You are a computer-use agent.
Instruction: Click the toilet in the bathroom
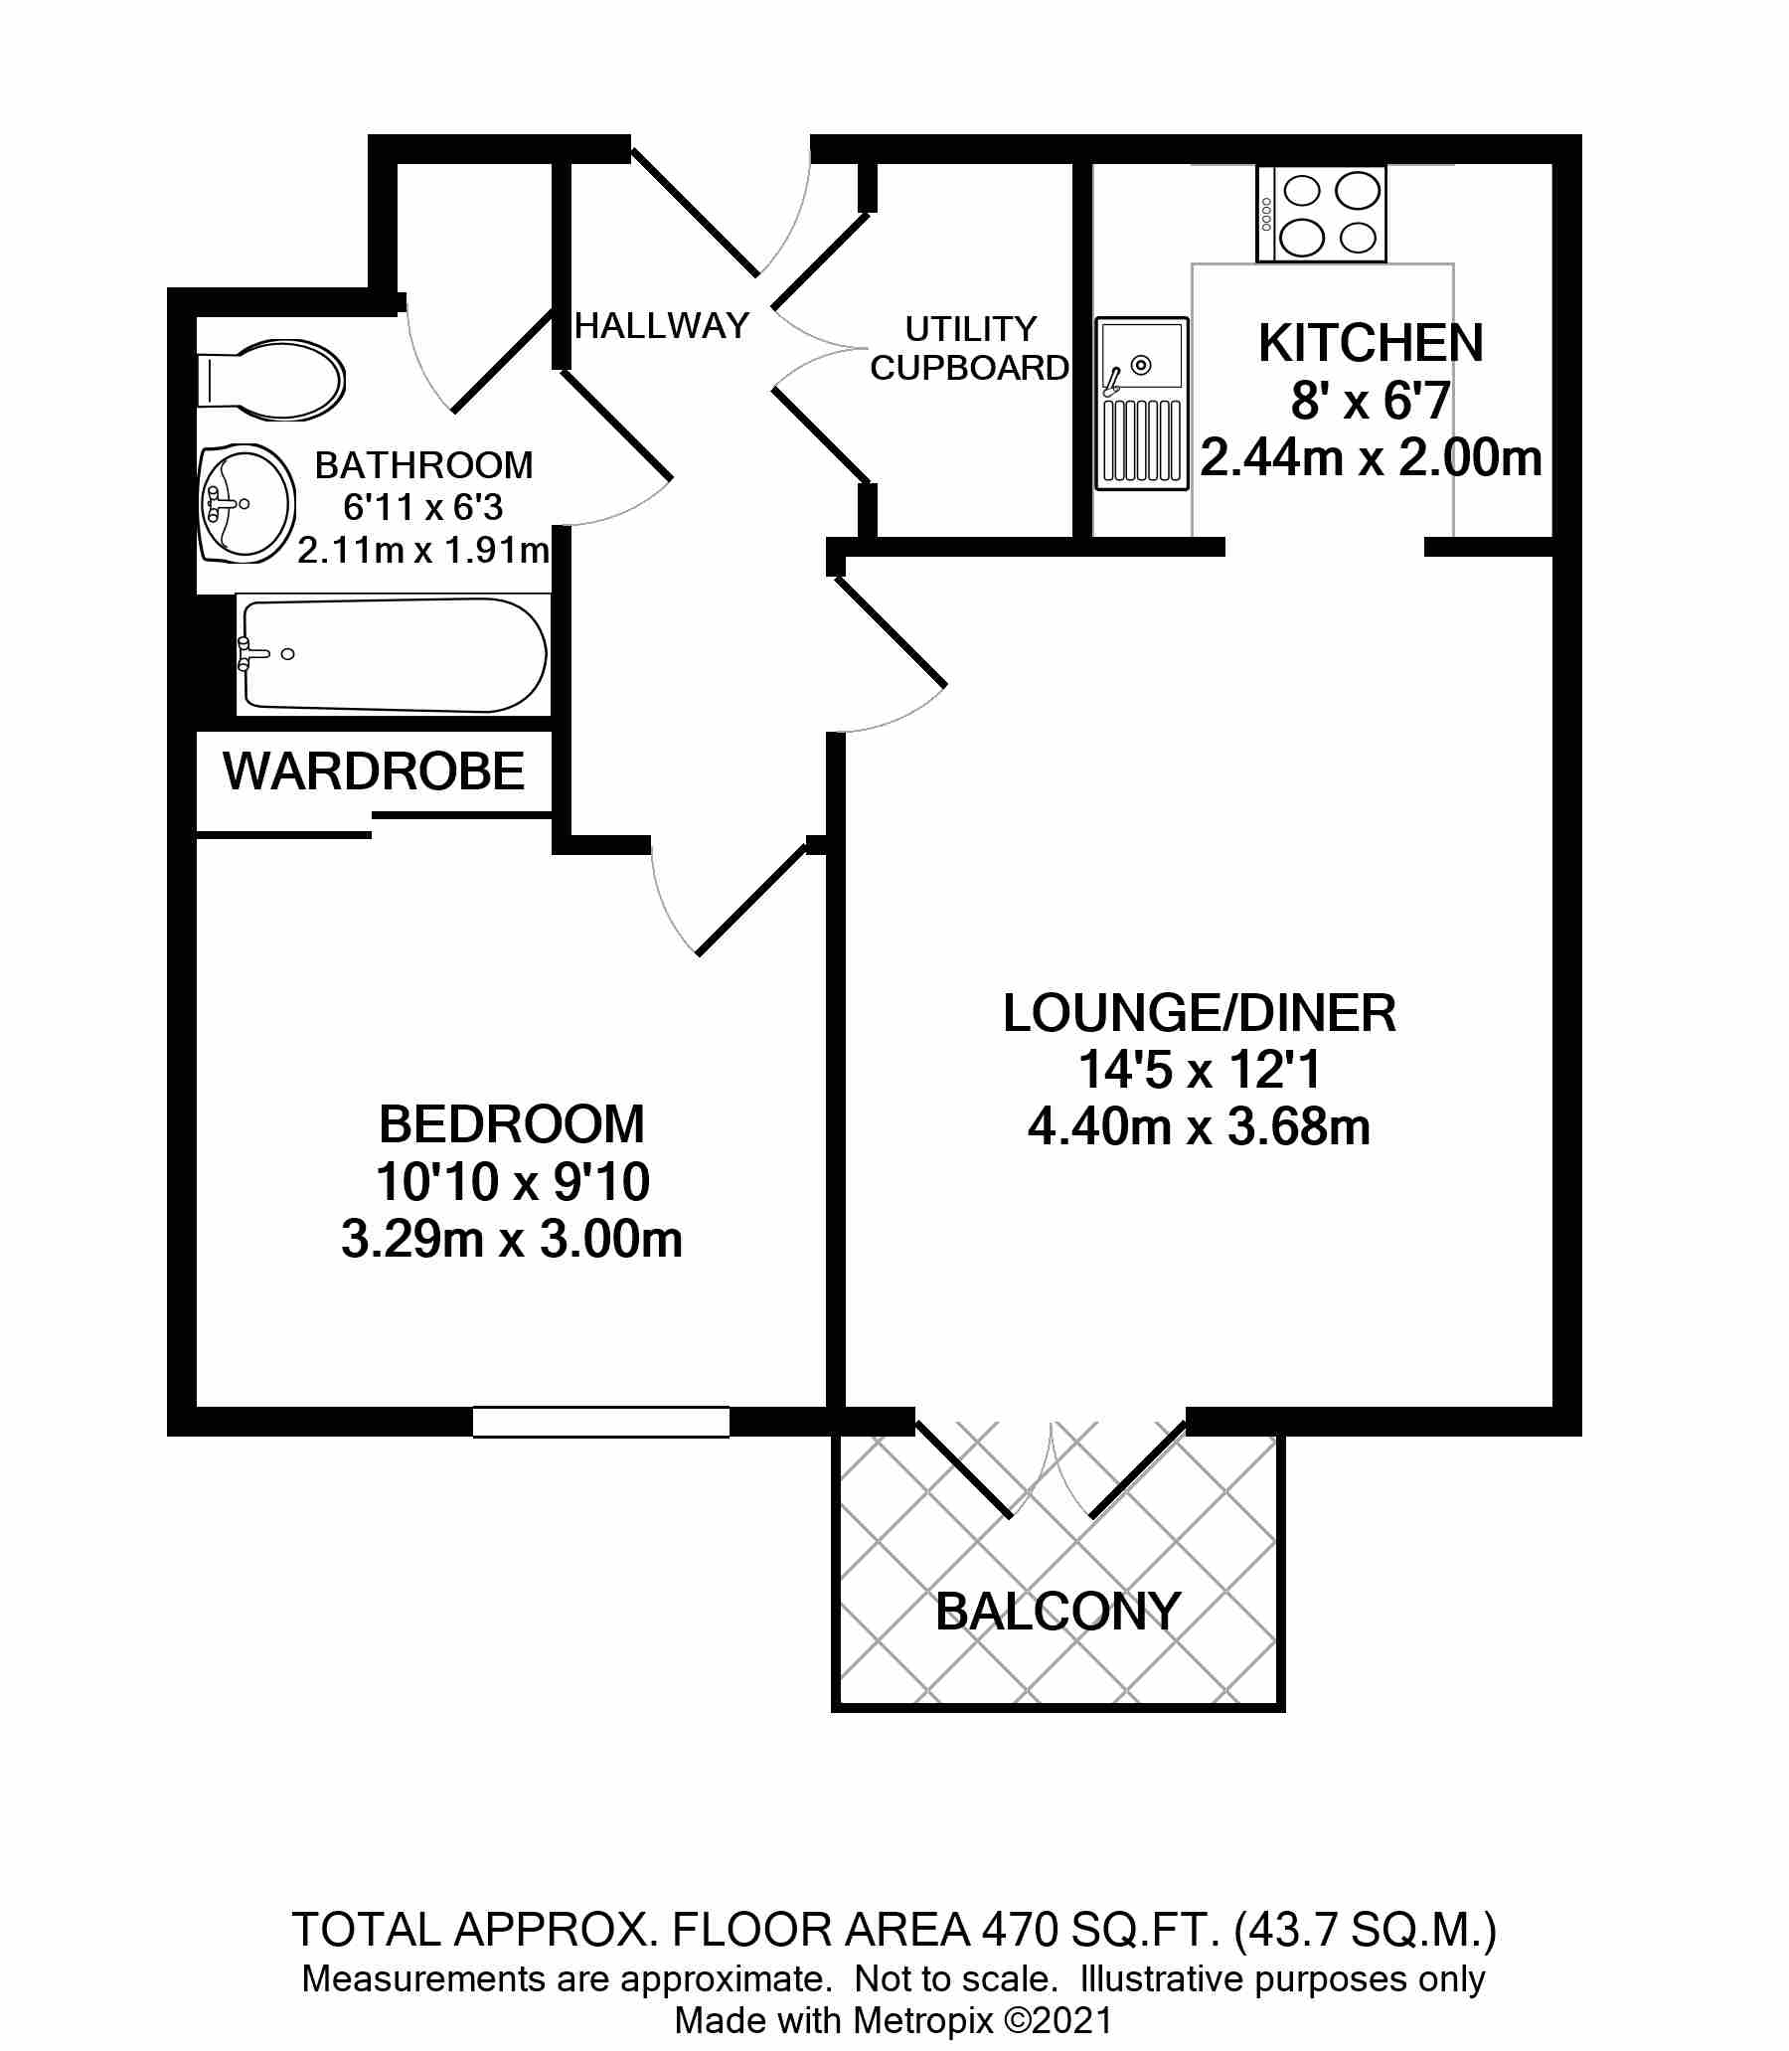[x=271, y=380]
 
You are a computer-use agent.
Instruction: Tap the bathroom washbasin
[x=246, y=503]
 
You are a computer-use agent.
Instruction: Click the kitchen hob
[x=1322, y=215]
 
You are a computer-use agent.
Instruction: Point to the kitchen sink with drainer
[x=1142, y=404]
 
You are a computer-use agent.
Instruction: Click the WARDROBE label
[x=375, y=771]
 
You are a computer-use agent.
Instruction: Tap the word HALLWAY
[x=662, y=325]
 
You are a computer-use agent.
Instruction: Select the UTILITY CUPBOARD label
[x=969, y=349]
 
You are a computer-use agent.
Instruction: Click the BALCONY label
[x=1058, y=1612]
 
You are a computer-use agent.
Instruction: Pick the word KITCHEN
[x=1371, y=344]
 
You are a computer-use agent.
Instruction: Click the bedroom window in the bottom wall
[x=601, y=1421]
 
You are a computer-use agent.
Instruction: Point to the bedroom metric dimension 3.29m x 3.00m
[x=512, y=1239]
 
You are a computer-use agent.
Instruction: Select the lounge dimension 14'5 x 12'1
[x=1200, y=1070]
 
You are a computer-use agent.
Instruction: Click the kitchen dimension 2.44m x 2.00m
[x=1371, y=458]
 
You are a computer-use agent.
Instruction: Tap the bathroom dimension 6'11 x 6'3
[x=423, y=507]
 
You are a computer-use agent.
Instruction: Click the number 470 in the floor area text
[x=1020, y=1930]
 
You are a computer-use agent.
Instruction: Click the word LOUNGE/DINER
[x=1199, y=1012]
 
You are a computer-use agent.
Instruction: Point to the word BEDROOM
[x=511, y=1124]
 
